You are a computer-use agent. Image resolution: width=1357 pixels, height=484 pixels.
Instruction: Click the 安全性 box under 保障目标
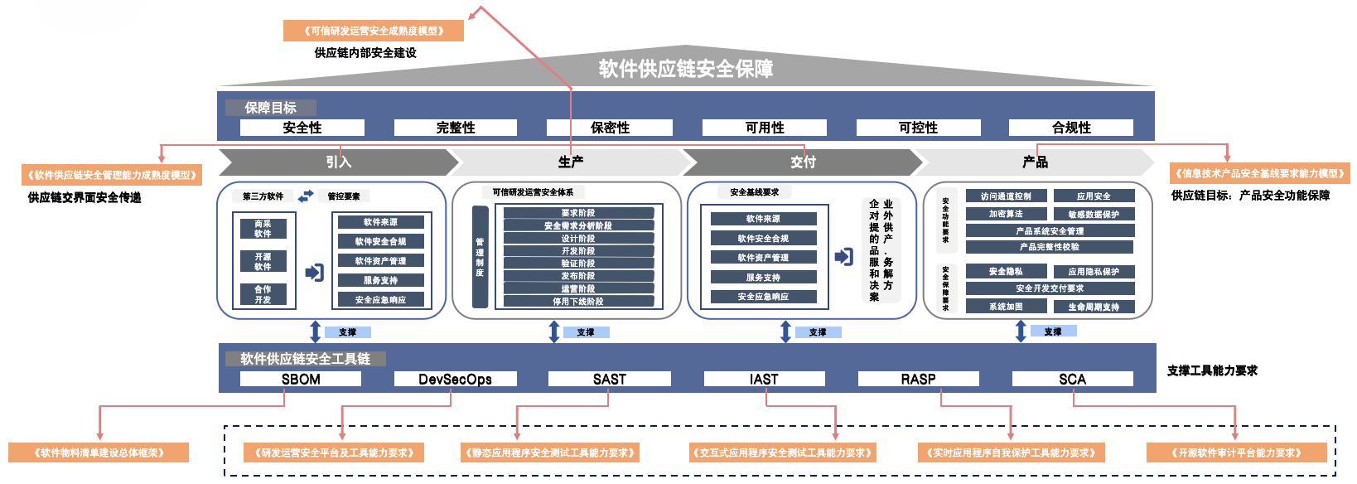(x=302, y=128)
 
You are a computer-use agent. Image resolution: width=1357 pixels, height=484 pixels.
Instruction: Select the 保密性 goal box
(x=610, y=128)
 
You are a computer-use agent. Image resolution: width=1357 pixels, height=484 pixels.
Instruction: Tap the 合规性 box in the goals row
(x=1071, y=128)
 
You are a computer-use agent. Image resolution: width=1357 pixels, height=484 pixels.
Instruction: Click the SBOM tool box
(x=301, y=379)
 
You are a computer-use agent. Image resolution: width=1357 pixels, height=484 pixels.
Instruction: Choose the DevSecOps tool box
(x=455, y=379)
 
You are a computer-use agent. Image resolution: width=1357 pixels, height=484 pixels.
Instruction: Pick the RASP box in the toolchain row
(x=918, y=379)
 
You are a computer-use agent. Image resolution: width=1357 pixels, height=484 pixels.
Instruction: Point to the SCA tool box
(x=1072, y=379)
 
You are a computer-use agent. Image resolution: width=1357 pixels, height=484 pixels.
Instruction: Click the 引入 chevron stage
(x=338, y=162)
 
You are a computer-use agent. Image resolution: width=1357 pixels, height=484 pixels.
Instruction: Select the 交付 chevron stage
(x=802, y=162)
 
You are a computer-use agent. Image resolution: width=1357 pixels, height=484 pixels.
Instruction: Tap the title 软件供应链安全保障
(x=686, y=68)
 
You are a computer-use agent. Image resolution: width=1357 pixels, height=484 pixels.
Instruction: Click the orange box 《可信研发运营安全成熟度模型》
(x=374, y=31)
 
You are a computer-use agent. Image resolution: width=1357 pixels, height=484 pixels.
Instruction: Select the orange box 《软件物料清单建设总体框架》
(x=99, y=453)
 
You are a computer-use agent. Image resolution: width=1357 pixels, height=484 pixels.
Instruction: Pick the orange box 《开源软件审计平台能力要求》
(x=1236, y=453)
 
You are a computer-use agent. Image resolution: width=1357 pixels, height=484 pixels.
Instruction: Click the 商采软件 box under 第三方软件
(x=263, y=229)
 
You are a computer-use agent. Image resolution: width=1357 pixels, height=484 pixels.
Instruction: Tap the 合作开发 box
(x=263, y=294)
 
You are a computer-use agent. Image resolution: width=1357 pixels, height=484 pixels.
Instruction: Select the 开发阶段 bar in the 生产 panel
(x=578, y=250)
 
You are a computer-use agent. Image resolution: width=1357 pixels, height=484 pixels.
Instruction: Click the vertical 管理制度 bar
(x=480, y=257)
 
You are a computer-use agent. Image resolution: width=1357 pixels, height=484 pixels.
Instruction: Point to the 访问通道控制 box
(x=1006, y=196)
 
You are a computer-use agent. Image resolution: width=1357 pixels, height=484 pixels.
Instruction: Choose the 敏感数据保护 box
(x=1094, y=214)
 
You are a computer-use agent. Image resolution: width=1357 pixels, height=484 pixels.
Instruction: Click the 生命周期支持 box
(x=1094, y=307)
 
